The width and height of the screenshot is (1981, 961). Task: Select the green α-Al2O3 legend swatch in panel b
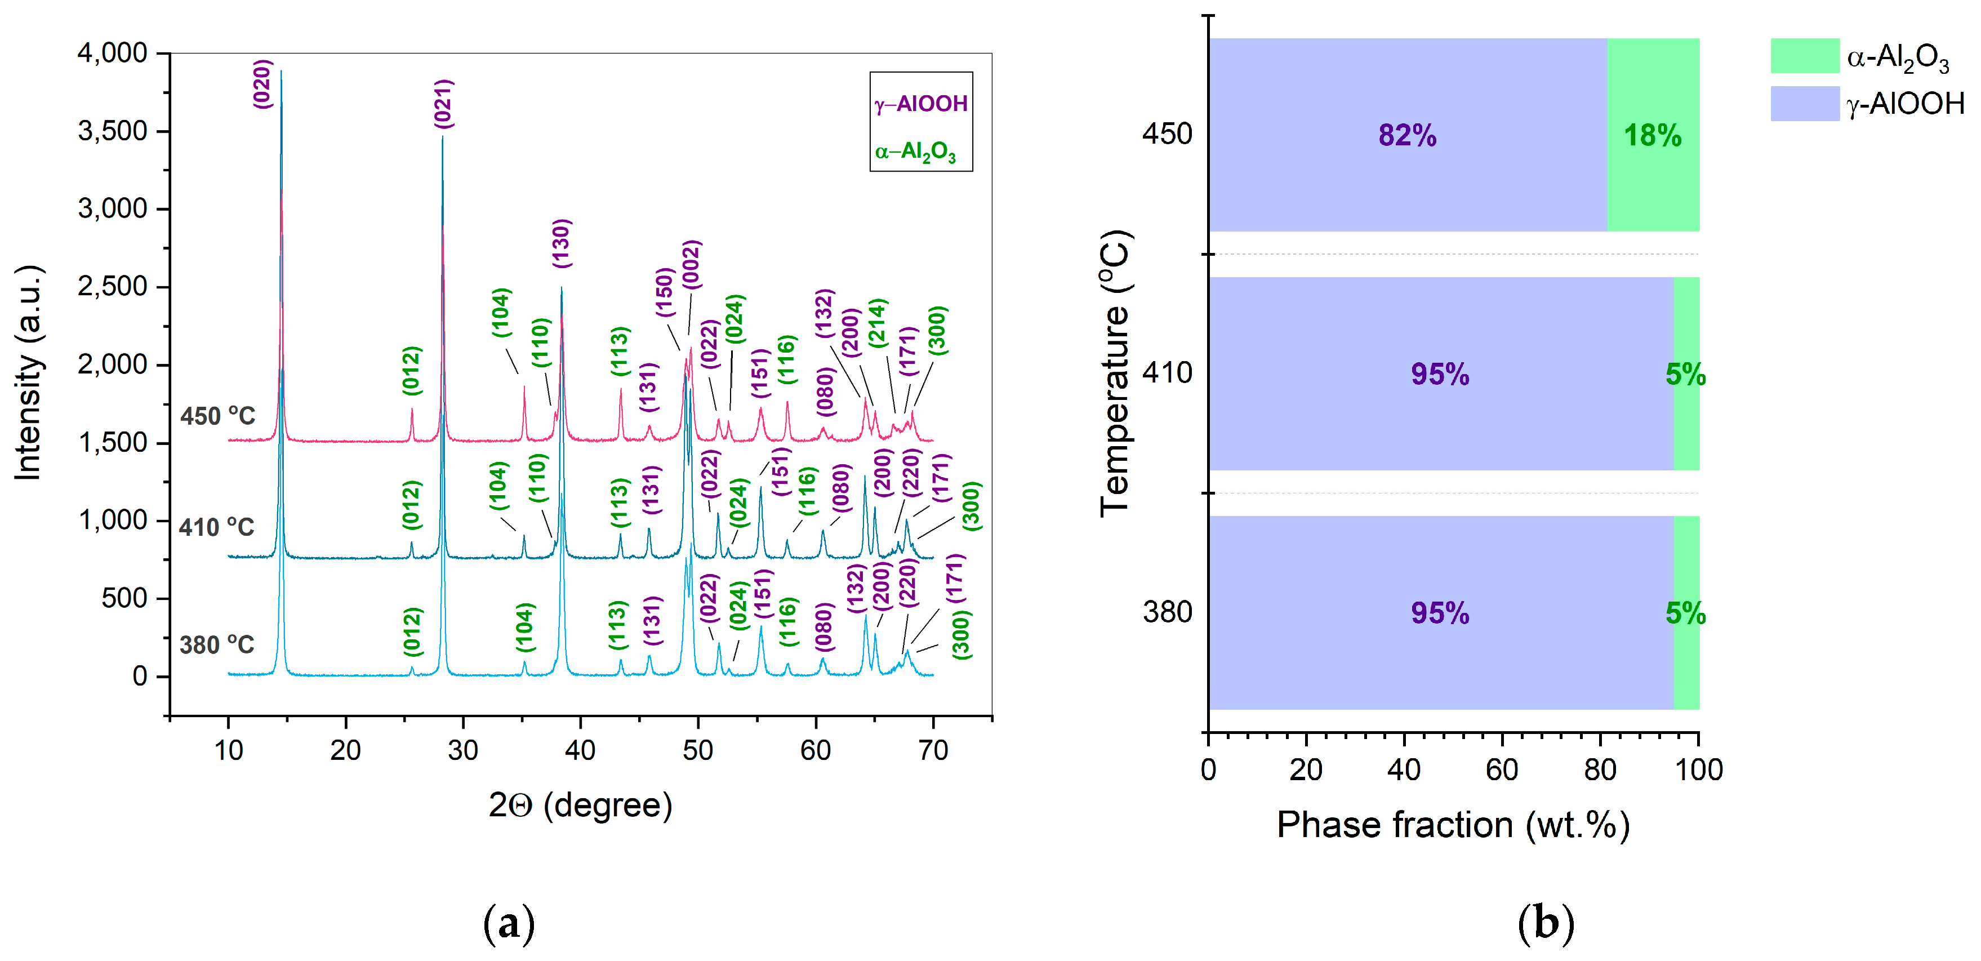coord(1804,56)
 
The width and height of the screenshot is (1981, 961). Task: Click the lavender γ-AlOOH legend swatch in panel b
coord(1804,103)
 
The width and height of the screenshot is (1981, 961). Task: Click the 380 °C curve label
coord(217,644)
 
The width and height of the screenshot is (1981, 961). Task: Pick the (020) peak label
coord(263,84)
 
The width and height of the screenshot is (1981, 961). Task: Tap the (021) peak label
coord(444,103)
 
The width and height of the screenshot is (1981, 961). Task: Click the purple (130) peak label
coord(562,244)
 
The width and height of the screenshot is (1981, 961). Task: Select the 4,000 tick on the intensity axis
coord(112,53)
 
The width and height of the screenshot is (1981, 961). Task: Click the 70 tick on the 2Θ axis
coord(933,750)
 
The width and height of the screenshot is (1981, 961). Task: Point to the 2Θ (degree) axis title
coord(581,805)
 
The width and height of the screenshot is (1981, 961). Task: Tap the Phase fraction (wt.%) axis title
coord(1453,825)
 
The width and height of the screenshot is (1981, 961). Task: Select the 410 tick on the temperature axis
coord(1167,373)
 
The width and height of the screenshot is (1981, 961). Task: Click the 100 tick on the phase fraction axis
coord(1698,769)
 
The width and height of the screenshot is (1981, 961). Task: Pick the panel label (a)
coord(508,923)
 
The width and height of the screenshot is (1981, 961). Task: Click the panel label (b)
coord(1546,923)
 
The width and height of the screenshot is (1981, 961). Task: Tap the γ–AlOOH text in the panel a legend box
coord(920,104)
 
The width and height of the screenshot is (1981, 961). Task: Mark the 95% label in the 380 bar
coord(1440,613)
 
